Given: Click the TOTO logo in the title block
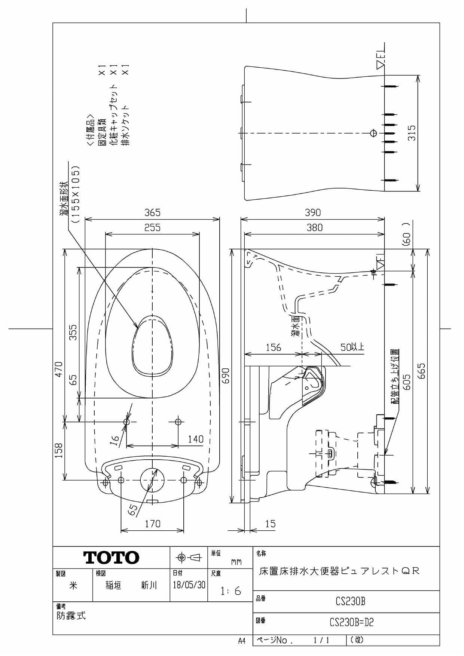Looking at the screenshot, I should [x=111, y=558].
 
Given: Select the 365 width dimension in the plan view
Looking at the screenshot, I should [x=152, y=213].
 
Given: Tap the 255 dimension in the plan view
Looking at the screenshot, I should [x=152, y=228].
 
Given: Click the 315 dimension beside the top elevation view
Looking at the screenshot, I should [x=412, y=133].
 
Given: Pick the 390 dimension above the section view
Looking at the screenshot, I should [x=312, y=213].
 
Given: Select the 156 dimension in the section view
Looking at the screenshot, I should [x=273, y=347].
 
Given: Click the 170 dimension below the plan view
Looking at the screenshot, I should [x=152, y=524].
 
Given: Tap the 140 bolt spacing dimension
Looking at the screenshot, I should [x=195, y=439].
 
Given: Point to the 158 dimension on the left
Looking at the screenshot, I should [x=59, y=450].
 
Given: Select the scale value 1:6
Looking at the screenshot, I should [x=231, y=591].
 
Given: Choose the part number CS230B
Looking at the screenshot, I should [x=350, y=601].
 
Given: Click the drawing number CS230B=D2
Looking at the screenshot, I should [x=351, y=622].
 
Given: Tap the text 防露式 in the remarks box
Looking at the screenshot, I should [x=71, y=616].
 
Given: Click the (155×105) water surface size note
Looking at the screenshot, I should [x=76, y=194].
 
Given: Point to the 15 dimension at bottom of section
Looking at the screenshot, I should [x=270, y=524].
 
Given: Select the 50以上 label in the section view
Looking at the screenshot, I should [x=352, y=347].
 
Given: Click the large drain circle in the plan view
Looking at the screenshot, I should [x=152, y=479].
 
